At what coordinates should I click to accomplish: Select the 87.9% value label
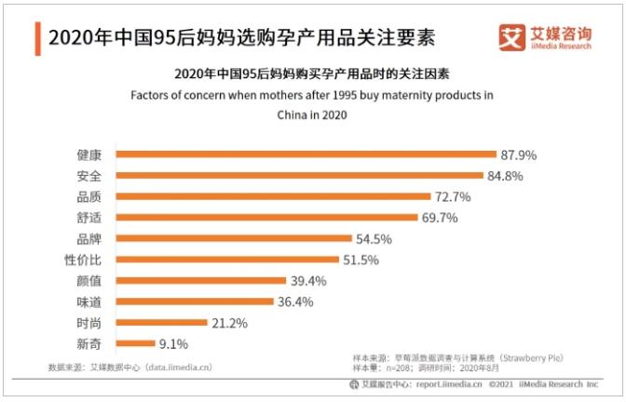tap(520, 154)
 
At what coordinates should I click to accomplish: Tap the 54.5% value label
tap(374, 238)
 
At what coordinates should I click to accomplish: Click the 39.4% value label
tap(308, 281)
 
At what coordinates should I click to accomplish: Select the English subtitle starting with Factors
tap(312, 95)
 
